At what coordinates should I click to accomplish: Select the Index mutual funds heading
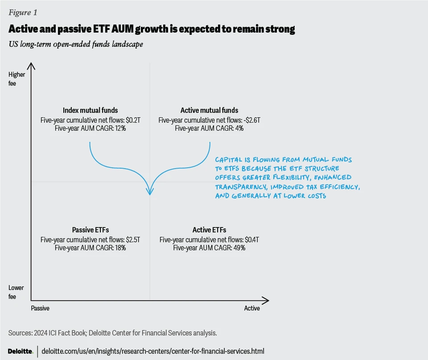pyautogui.click(x=91, y=110)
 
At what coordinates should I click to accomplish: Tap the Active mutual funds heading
pyautogui.click(x=209, y=110)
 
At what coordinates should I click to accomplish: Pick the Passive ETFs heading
pyautogui.click(x=90, y=230)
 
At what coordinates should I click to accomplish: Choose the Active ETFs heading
pyautogui.click(x=209, y=230)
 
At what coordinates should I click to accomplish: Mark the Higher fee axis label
pyautogui.click(x=17, y=79)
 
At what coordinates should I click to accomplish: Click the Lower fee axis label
pyautogui.click(x=16, y=292)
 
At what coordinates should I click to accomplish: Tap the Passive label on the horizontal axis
pyautogui.click(x=40, y=308)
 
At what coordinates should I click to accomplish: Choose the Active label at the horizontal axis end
pyautogui.click(x=252, y=308)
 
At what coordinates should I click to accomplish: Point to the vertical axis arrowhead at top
pyautogui.click(x=31, y=66)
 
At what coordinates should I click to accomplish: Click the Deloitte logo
pyautogui.click(x=21, y=351)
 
